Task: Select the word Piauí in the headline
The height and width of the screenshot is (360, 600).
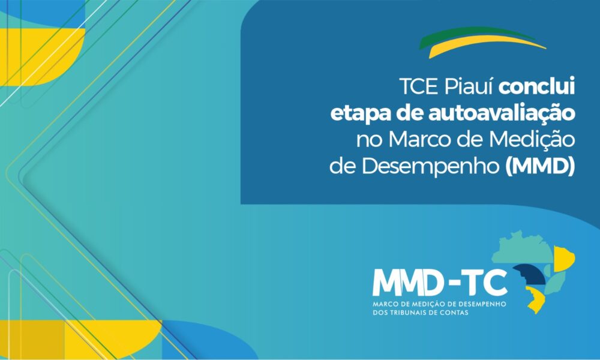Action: click(x=469, y=88)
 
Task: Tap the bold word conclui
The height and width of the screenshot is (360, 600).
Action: click(x=536, y=87)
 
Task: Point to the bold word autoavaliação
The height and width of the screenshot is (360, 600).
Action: click(x=502, y=113)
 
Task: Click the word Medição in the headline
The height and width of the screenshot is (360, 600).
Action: click(x=532, y=140)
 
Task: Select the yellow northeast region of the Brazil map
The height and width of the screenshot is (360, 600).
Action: click(x=563, y=259)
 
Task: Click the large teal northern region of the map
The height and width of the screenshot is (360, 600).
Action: click(x=523, y=248)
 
